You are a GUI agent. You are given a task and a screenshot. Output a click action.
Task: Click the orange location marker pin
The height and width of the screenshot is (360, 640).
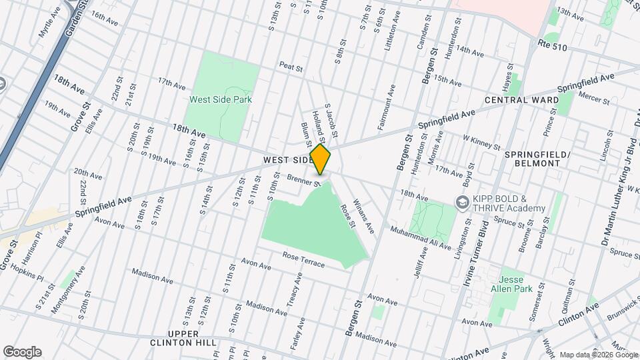click(321, 159)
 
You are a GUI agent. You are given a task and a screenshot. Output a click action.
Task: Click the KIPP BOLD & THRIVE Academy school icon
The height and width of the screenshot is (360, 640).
click(461, 201)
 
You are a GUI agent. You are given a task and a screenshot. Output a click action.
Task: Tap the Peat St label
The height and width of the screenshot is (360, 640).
click(291, 67)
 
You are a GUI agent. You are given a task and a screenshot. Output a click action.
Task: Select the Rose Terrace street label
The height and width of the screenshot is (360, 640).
click(303, 260)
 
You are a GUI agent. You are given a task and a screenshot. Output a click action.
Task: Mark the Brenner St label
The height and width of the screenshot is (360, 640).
click(304, 179)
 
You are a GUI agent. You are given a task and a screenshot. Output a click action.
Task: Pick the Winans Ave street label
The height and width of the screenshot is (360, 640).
click(364, 215)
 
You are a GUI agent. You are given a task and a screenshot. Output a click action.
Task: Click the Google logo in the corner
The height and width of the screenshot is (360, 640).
click(21, 352)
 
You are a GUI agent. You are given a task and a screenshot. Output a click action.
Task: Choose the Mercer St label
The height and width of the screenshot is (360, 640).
click(595, 100)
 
